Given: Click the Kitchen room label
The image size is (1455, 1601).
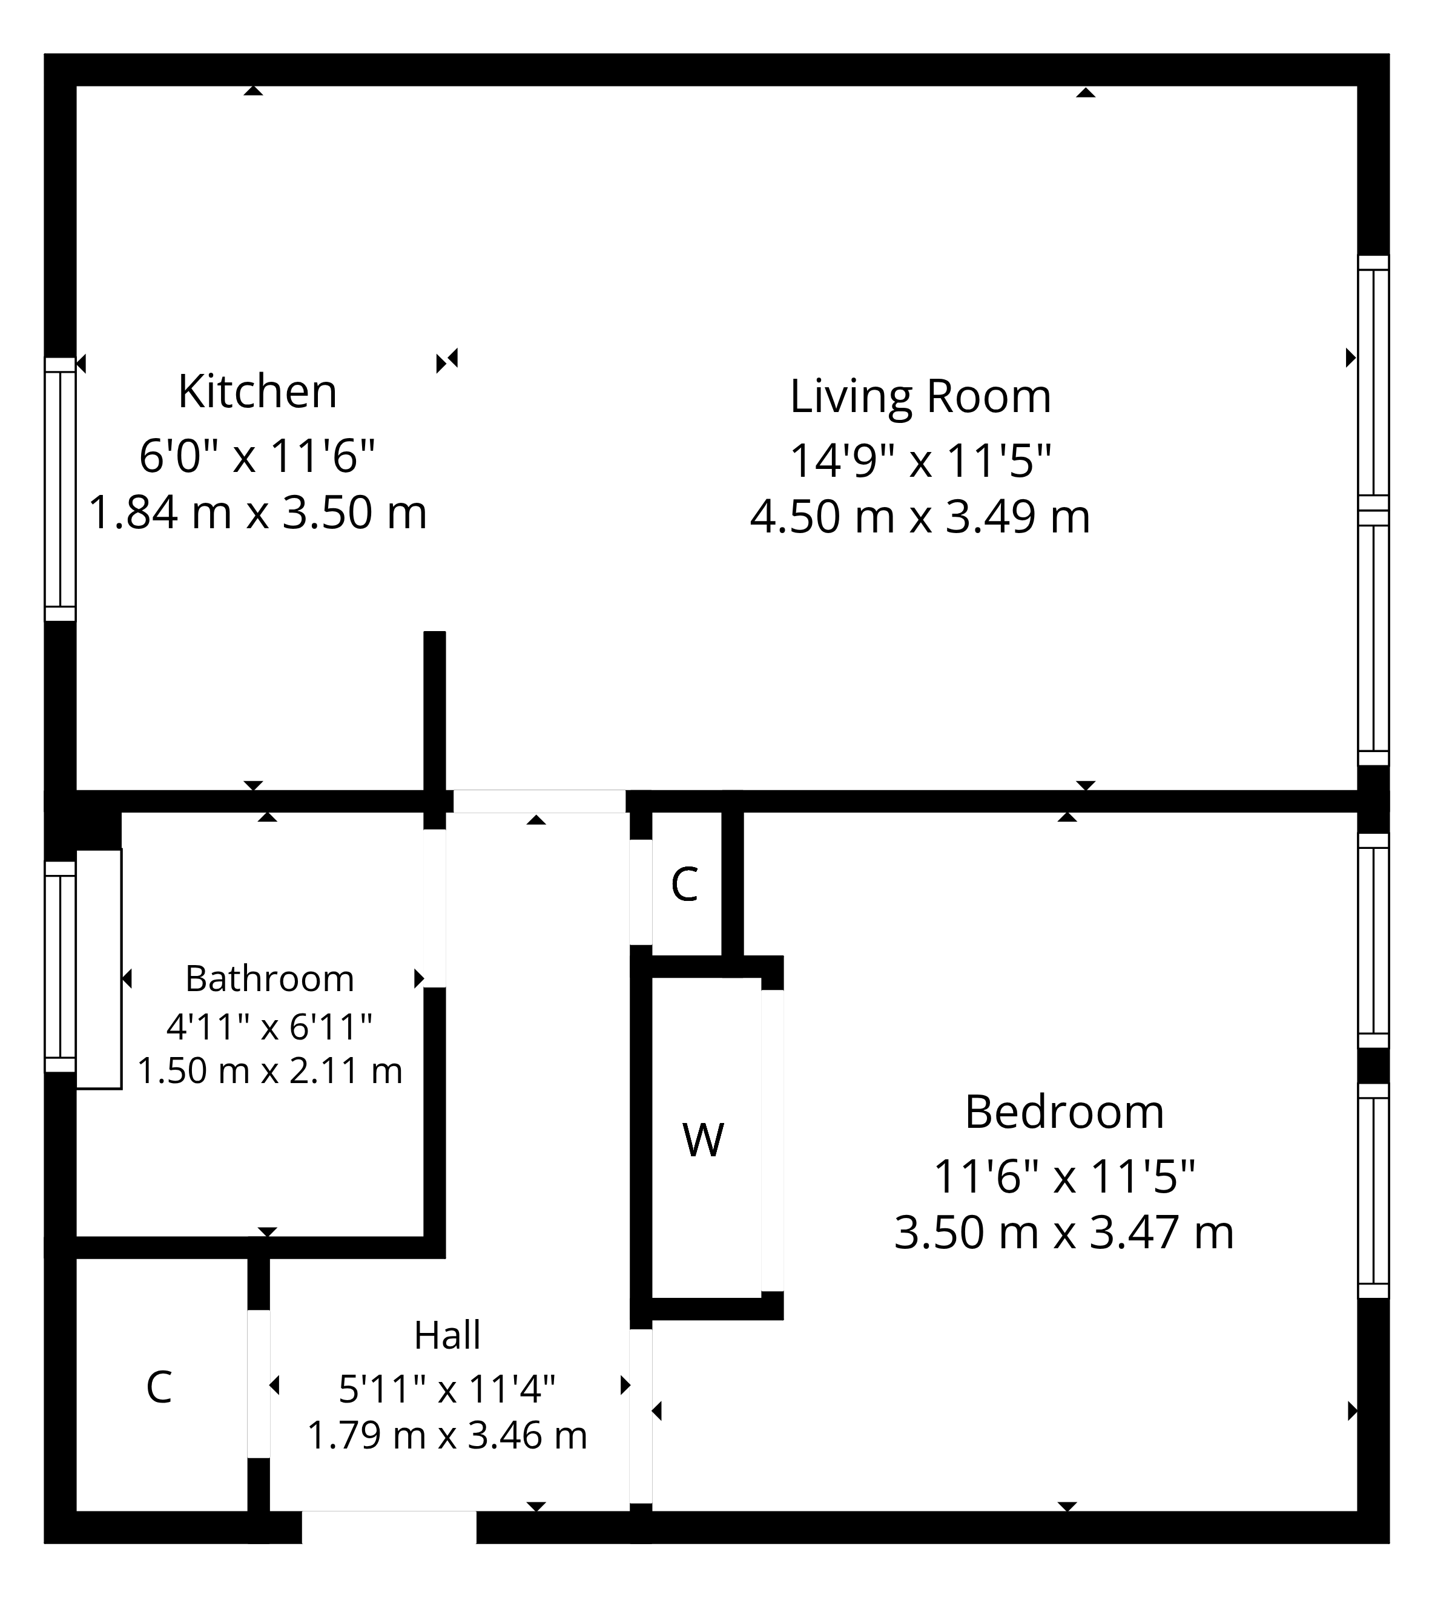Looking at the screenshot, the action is (257, 391).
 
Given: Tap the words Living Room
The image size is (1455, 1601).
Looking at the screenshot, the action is (920, 396).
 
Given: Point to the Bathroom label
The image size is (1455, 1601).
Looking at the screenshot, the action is (269, 978).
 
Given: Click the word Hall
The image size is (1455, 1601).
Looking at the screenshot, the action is (447, 1336).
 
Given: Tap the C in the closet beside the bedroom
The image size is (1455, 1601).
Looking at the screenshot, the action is (684, 885).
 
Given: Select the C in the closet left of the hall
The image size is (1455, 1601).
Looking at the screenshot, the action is (159, 1387).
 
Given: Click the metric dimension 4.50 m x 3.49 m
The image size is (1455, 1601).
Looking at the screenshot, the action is (920, 517).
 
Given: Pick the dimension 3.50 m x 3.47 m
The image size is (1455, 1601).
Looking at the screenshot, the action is (1064, 1233).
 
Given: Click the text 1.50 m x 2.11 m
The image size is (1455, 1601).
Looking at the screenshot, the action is (269, 1070).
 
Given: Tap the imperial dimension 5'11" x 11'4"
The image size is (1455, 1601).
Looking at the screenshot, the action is (447, 1389).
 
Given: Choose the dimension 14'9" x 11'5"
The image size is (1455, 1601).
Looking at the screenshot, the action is (920, 460).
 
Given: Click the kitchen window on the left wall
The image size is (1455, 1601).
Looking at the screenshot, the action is (59, 488).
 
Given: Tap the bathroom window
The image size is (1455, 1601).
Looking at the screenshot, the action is (59, 966).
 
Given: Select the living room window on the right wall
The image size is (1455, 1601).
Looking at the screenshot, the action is (1373, 510).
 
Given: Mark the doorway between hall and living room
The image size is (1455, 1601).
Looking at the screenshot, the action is (539, 801).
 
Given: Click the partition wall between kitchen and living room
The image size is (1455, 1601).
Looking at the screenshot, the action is (435, 711).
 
